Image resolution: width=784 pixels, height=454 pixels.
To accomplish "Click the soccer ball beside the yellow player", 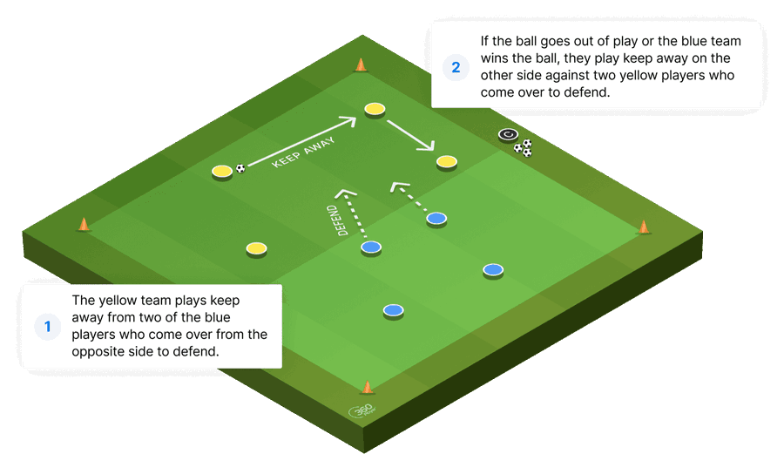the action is pyautogui.click(x=240, y=169).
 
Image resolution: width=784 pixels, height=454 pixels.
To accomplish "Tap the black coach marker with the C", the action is pyautogui.click(x=508, y=134).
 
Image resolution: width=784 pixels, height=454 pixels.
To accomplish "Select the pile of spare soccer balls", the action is pyautogui.click(x=523, y=148).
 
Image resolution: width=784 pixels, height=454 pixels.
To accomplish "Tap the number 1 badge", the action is pyautogui.click(x=48, y=327).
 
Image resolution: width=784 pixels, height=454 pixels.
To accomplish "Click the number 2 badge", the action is pyautogui.click(x=455, y=67).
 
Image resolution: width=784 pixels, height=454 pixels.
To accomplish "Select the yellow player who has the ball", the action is pyautogui.click(x=222, y=170).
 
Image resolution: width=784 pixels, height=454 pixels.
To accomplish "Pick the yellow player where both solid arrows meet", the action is pyautogui.click(x=375, y=108).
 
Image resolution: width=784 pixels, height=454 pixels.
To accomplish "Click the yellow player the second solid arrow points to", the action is pyautogui.click(x=447, y=161).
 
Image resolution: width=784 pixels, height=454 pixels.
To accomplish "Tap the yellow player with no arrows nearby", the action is pyautogui.click(x=255, y=248).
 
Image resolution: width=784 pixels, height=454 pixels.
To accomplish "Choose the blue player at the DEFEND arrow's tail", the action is pyautogui.click(x=371, y=247).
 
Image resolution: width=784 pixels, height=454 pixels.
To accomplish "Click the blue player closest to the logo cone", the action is pyautogui.click(x=394, y=309).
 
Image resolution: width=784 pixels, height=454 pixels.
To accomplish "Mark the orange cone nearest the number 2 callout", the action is pyautogui.click(x=361, y=64).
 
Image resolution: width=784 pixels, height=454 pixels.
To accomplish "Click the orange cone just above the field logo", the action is pyautogui.click(x=367, y=387).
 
